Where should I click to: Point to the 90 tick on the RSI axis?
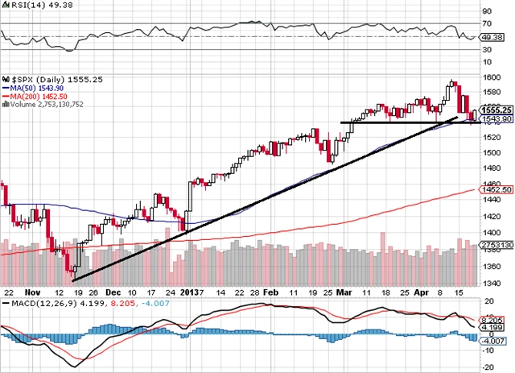pyautogui.click(x=486, y=12)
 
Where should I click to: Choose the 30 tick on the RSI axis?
pyautogui.click(x=486, y=50)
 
